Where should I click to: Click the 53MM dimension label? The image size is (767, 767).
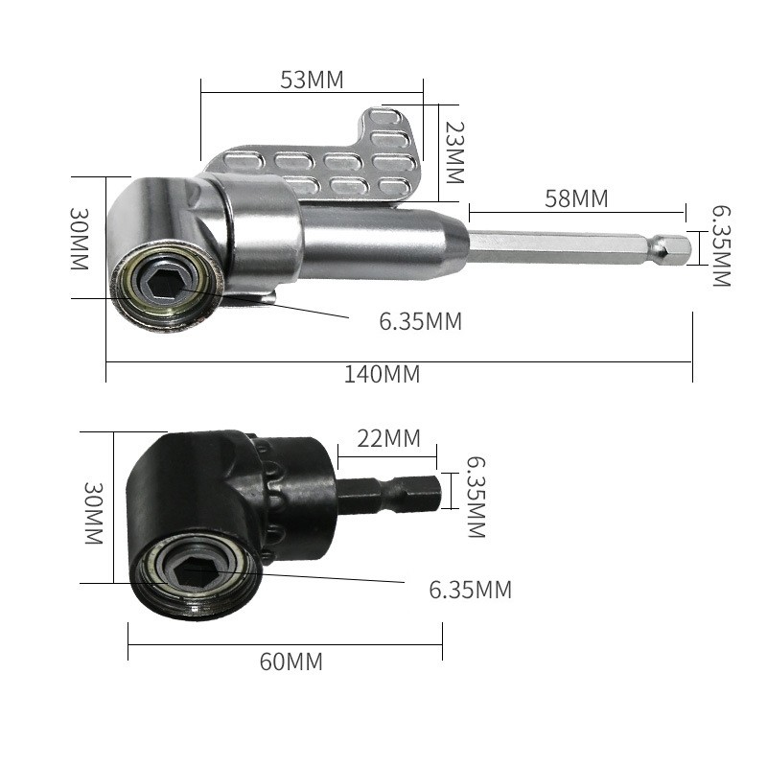click(x=312, y=80)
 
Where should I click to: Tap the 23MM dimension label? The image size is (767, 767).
click(x=454, y=152)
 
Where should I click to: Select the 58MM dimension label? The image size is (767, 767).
click(x=576, y=198)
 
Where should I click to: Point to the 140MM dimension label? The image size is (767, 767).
click(x=382, y=374)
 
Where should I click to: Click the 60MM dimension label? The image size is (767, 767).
click(x=291, y=662)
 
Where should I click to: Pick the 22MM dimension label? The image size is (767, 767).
click(x=389, y=438)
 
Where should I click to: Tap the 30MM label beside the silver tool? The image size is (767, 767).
click(x=80, y=239)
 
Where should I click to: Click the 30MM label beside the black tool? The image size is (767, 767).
click(x=93, y=513)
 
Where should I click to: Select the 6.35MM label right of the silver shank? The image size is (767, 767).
click(x=721, y=246)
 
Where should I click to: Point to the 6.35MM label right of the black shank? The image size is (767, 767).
click(x=476, y=497)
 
